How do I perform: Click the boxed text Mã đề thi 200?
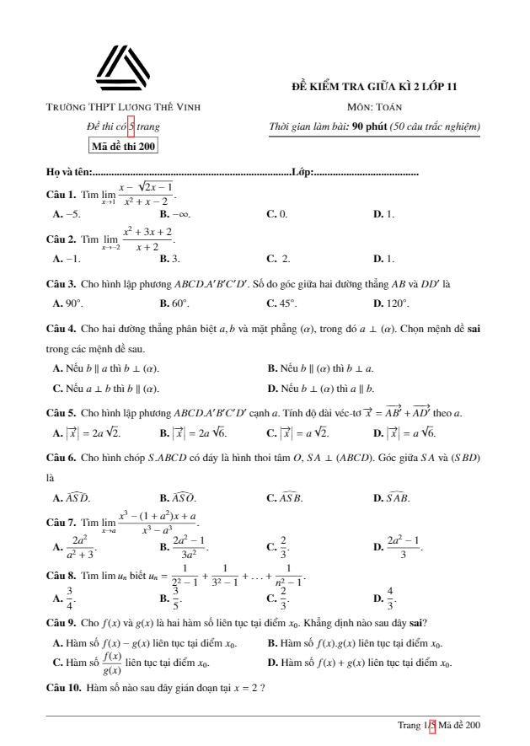tap(123, 146)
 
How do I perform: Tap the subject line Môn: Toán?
tap(374, 107)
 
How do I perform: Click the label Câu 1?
tap(61, 194)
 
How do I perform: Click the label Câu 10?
tap(63, 689)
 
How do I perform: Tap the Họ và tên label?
tap(68, 173)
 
